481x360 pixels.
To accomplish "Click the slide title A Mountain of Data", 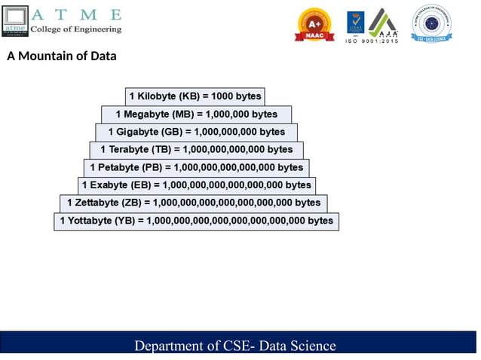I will tap(62, 56).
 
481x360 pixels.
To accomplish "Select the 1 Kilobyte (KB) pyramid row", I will tap(195, 96).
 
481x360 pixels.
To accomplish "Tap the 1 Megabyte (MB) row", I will tap(196, 114).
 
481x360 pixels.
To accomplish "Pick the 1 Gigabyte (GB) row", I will tap(196, 132).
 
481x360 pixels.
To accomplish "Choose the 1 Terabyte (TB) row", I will tap(196, 150).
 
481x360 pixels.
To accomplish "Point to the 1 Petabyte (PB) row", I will tap(196, 167).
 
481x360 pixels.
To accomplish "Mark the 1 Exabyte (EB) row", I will tap(196, 185).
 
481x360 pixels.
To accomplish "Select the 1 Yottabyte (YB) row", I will tap(196, 221).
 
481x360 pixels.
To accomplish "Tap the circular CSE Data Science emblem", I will tap(431, 23).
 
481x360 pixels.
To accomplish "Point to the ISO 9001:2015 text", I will tap(372, 41).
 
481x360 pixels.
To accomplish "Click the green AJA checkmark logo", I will tap(382, 23).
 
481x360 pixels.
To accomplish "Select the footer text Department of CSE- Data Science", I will tap(234, 346).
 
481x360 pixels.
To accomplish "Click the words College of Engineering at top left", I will tap(75, 29).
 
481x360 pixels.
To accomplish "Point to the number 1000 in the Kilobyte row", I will tap(223, 96).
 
